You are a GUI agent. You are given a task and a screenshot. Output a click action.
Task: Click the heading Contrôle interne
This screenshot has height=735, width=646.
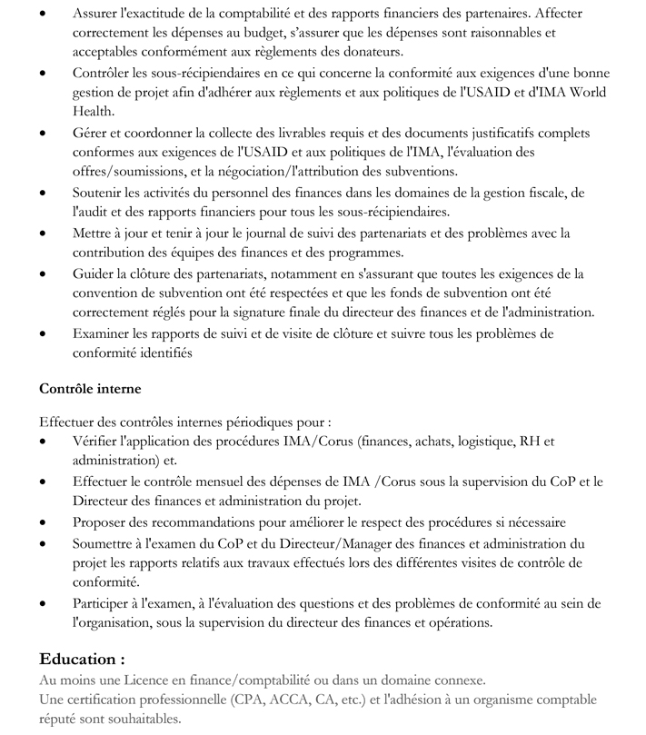coord(90,389)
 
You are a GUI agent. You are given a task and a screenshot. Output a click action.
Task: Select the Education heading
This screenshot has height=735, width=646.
coord(82,658)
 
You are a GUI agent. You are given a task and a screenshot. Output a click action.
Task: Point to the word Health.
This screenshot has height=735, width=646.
coord(94,110)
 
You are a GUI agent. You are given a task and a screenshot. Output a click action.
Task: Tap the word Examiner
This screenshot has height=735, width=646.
coord(102,333)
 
